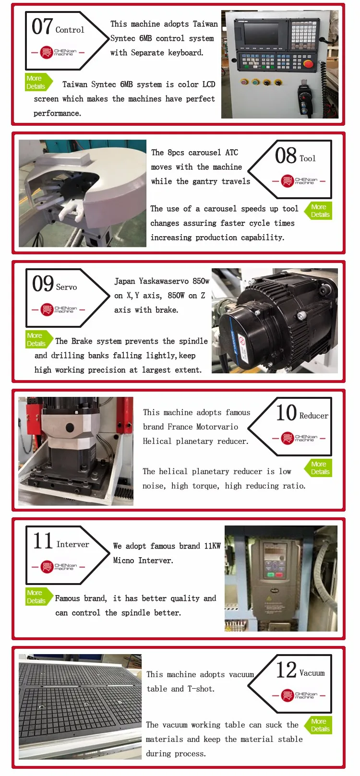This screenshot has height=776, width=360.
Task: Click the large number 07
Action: pyautogui.click(x=42, y=27)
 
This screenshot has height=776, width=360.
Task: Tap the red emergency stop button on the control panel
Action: pyautogui.click(x=308, y=64)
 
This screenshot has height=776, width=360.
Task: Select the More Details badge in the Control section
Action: pyautogui.click(x=38, y=83)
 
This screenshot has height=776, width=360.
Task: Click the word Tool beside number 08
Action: pyautogui.click(x=307, y=159)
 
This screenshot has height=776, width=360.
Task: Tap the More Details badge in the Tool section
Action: pyautogui.click(x=318, y=211)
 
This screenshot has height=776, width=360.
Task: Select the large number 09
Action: pyautogui.click(x=43, y=284)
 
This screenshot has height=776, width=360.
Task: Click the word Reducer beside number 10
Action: pyautogui.click(x=313, y=416)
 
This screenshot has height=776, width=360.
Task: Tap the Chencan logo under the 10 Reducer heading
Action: pyautogui.click(x=299, y=438)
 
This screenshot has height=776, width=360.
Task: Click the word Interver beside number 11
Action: pyautogui.click(x=72, y=544)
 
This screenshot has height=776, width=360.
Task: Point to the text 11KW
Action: pyautogui.click(x=212, y=546)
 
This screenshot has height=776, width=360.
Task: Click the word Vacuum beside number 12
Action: pyautogui.click(x=312, y=673)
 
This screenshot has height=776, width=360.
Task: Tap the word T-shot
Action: pyautogui.click(x=201, y=689)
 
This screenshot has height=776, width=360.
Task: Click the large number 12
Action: pyautogui.click(x=286, y=670)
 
